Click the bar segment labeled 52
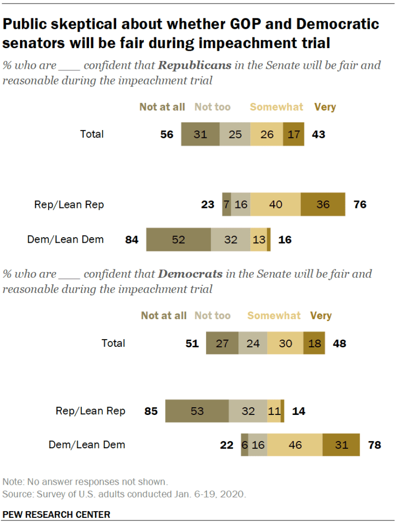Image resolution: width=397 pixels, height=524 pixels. (x=178, y=240)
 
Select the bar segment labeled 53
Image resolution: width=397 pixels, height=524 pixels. (x=197, y=411)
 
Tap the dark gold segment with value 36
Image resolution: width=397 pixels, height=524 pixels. (x=323, y=204)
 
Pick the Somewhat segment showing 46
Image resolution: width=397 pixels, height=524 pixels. (x=295, y=445)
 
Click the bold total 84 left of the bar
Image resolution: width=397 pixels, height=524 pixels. (x=132, y=240)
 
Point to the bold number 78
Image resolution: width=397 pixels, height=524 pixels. (x=374, y=445)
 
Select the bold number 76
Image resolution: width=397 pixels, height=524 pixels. (x=360, y=204)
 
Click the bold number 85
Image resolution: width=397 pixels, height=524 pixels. (x=151, y=411)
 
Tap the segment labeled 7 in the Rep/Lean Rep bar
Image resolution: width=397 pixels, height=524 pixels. (x=226, y=204)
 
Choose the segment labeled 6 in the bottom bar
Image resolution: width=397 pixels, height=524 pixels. (x=245, y=445)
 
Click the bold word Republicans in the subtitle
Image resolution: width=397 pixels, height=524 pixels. (x=194, y=66)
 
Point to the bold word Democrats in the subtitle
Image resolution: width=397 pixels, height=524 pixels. (x=190, y=274)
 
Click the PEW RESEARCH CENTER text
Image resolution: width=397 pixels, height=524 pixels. (x=56, y=514)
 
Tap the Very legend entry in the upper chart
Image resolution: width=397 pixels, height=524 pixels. (x=325, y=107)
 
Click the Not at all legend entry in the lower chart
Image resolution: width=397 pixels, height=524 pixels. (x=164, y=316)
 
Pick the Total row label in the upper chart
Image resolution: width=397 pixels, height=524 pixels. (x=92, y=134)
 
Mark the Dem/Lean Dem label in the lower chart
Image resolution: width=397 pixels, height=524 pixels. (x=86, y=445)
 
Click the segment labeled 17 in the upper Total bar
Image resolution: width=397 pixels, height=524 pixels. (x=294, y=134)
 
